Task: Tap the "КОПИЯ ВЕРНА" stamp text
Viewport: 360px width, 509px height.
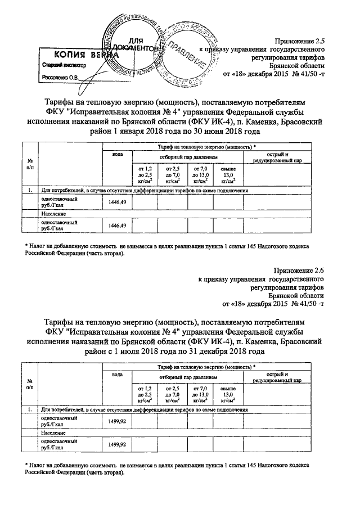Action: click(79, 55)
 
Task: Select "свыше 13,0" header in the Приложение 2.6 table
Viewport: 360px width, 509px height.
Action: click(228, 394)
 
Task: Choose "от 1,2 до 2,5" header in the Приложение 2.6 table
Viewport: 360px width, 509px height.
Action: click(145, 394)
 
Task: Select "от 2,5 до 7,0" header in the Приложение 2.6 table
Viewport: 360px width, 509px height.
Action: click(172, 394)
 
